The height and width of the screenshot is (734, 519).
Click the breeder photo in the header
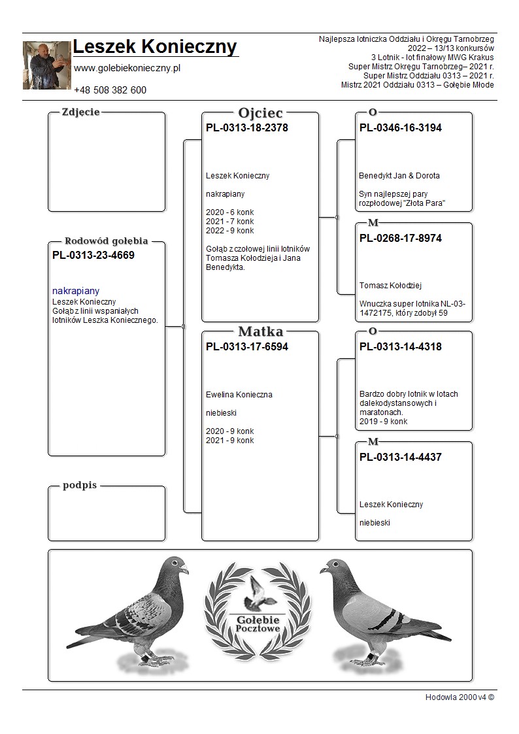[46, 65]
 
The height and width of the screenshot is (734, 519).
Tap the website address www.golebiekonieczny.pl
[127, 68]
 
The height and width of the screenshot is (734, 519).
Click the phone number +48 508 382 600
[110, 90]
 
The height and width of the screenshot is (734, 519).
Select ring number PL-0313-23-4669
[93, 256]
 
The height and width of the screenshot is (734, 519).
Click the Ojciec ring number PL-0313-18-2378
[246, 128]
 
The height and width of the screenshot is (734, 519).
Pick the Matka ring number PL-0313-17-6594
[246, 347]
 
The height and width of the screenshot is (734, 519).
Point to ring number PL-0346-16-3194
[400, 128]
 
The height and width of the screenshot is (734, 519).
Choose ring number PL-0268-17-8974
[400, 239]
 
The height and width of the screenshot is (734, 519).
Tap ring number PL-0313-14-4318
[400, 347]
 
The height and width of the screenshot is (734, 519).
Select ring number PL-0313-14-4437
[400, 458]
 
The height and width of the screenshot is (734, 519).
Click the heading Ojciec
[260, 113]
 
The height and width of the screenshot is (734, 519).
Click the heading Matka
[260, 331]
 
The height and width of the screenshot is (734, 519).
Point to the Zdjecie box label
[80, 112]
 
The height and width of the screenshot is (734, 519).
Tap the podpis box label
[80, 486]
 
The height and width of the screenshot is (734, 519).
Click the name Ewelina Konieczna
[239, 395]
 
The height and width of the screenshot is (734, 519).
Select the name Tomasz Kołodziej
[391, 285]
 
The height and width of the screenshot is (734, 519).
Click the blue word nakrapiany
[76, 291]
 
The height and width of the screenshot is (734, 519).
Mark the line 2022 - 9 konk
[229, 231]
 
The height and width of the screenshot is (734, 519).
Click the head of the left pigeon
[175, 567]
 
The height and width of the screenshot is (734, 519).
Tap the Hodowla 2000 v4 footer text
[460, 697]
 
